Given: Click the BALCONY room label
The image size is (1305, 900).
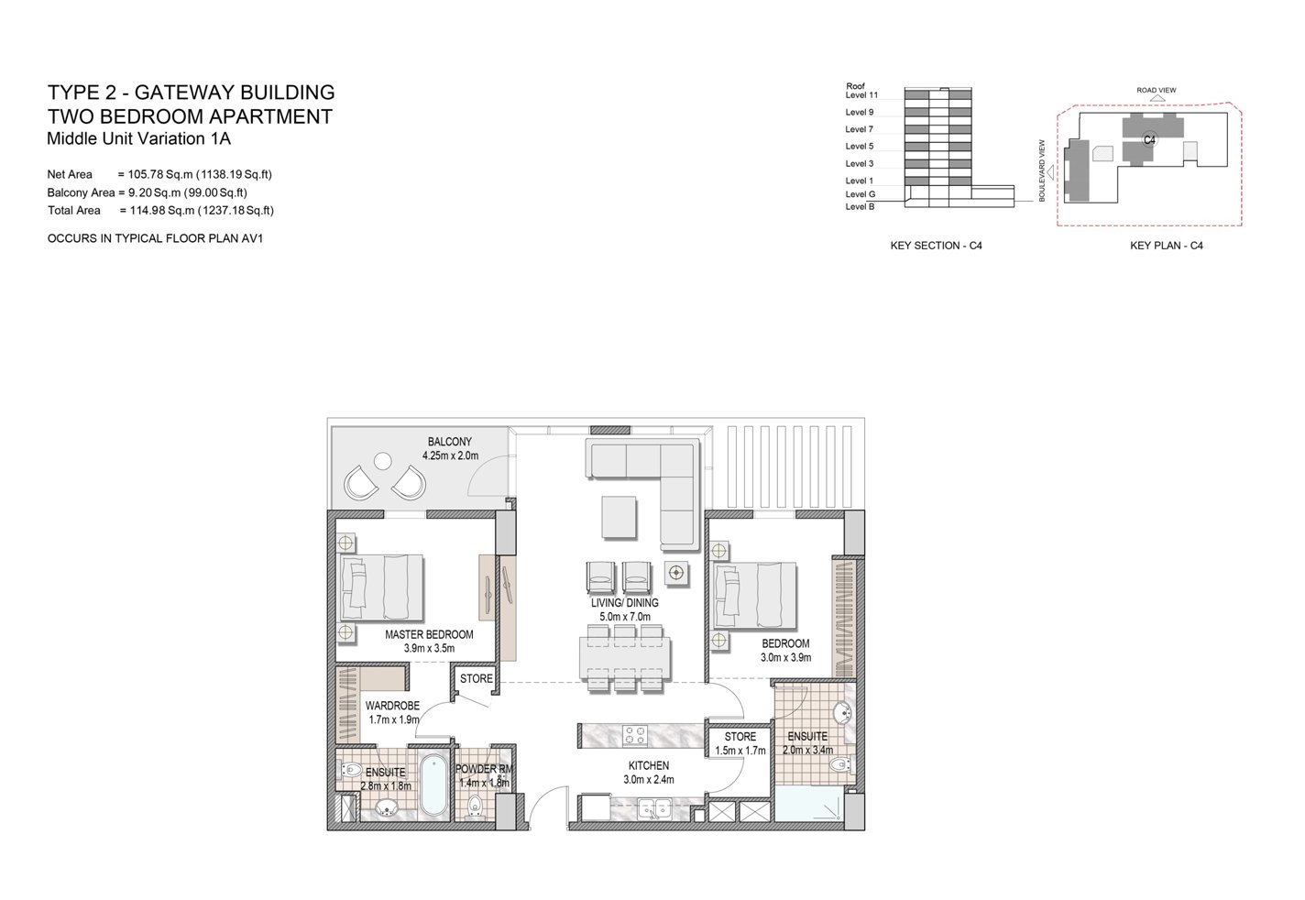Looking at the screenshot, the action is [449, 442].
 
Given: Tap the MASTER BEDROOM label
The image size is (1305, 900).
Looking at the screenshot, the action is [429, 634].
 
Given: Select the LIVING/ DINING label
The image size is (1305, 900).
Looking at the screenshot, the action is [624, 603].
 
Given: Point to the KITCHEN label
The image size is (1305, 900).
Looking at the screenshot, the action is [649, 765].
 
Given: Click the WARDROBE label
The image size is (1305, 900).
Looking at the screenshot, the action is [392, 706].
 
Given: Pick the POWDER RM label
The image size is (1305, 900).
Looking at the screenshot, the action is [484, 769].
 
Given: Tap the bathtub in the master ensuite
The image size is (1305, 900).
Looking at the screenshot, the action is [433, 785].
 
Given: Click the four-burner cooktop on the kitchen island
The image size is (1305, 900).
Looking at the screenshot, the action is [634, 736].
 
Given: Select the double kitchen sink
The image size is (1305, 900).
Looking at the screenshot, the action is [655, 808].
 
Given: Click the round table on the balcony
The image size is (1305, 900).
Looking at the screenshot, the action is [383, 461].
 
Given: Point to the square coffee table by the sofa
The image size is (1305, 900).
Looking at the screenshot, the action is [619, 517].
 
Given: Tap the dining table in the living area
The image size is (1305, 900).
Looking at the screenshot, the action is [624, 658].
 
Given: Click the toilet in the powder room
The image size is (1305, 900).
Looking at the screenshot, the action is [476, 806].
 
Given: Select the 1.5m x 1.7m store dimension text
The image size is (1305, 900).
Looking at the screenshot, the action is [740, 751].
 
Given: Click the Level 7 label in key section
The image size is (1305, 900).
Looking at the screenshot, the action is [860, 128].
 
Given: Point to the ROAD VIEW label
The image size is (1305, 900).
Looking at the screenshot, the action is [1156, 91].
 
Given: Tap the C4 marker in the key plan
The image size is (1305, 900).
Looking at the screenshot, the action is [1149, 140].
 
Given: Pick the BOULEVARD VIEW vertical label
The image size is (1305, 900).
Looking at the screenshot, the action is [1042, 170].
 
